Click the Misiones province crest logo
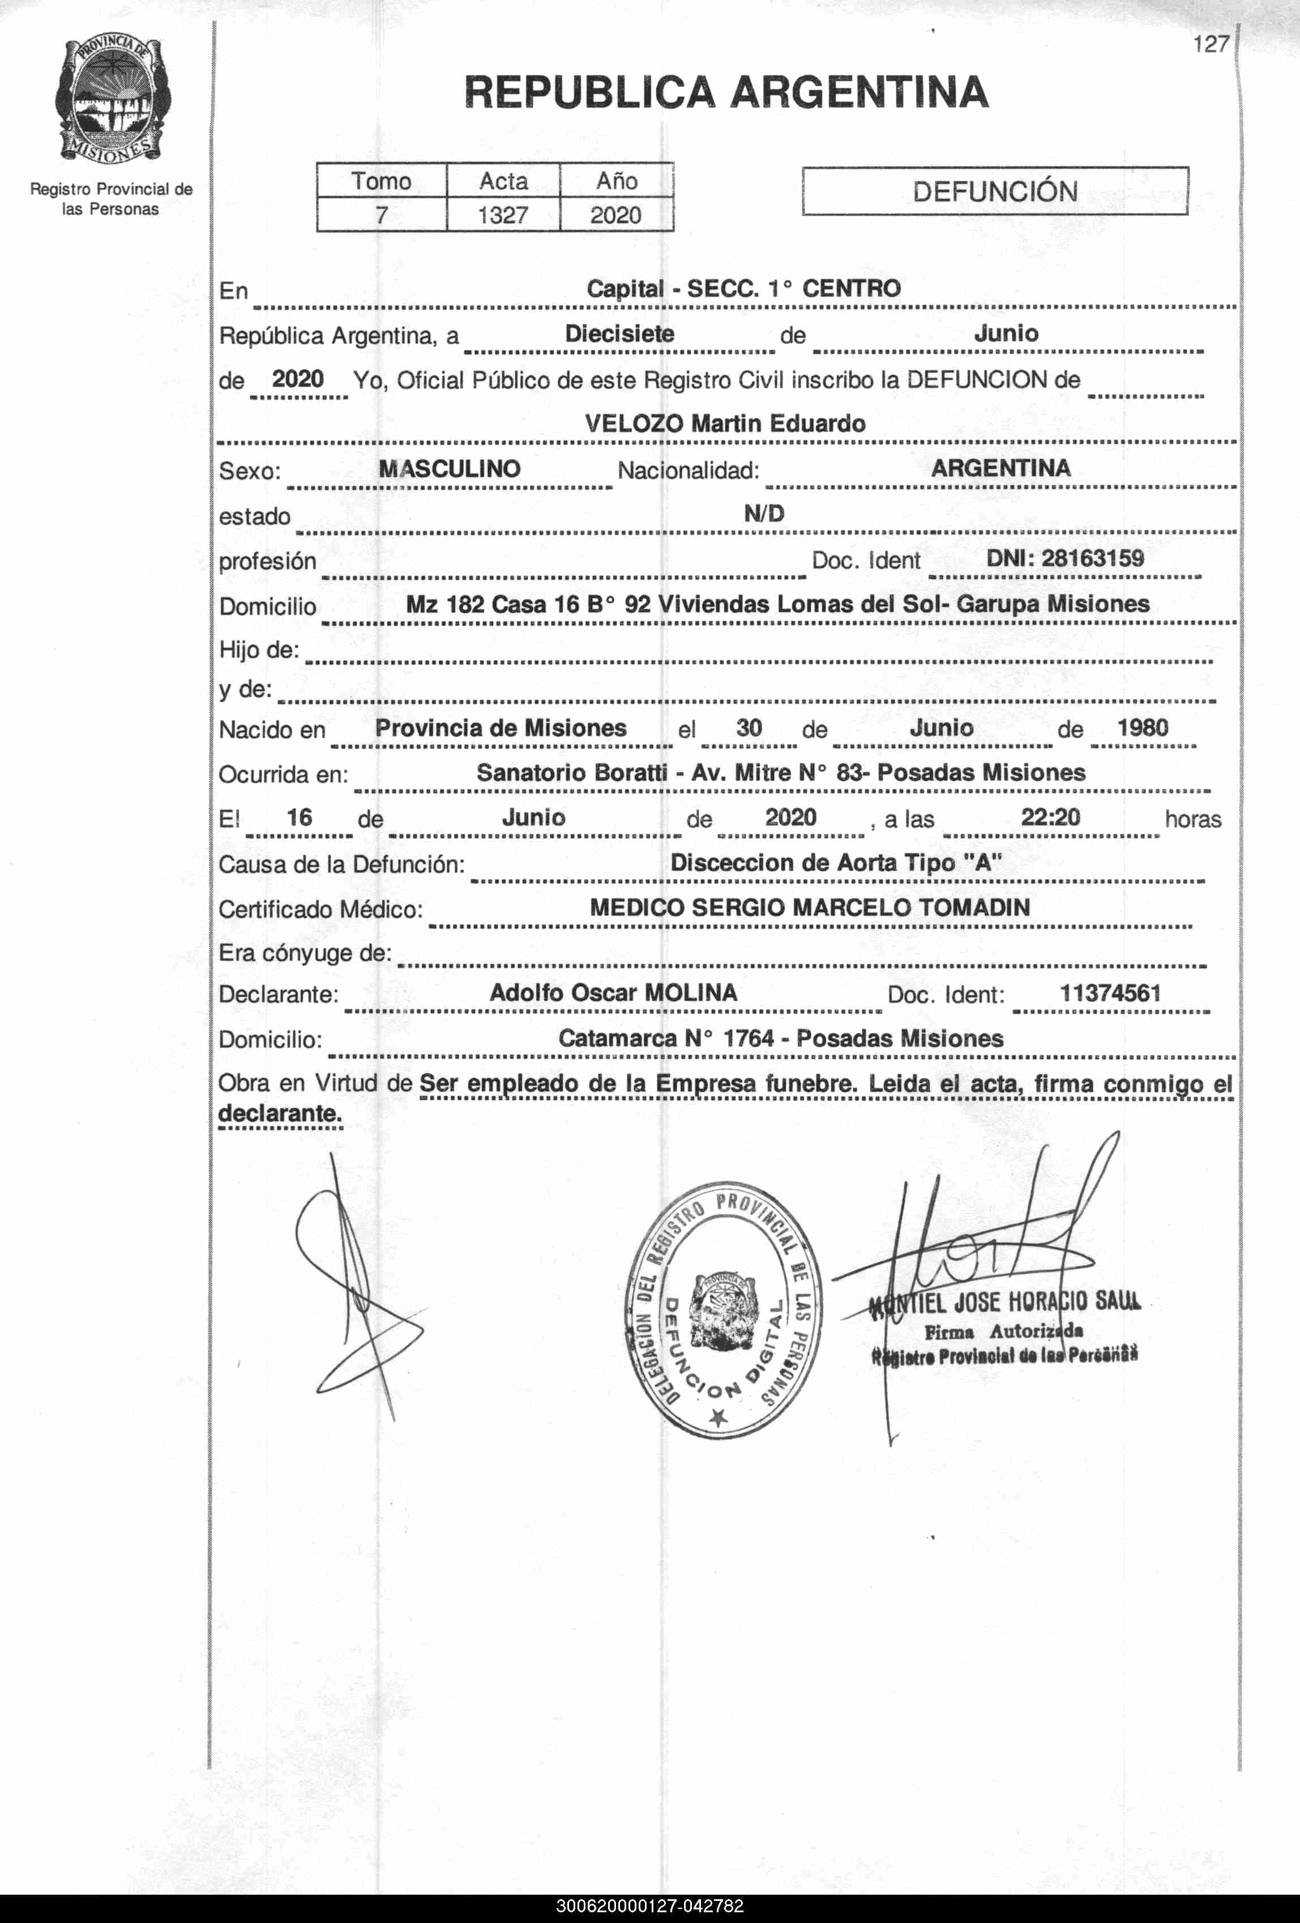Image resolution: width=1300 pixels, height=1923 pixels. [113, 100]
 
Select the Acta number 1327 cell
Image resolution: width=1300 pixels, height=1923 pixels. [503, 215]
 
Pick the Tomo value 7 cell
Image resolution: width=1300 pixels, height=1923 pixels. [382, 215]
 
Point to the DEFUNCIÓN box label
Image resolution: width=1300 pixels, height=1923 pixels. [995, 192]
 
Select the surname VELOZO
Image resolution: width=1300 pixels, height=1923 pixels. [634, 423]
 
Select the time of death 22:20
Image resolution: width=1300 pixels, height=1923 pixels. [1050, 817]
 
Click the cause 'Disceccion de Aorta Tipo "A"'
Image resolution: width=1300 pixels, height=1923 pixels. [836, 863]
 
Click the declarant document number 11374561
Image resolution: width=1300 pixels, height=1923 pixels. [1110, 993]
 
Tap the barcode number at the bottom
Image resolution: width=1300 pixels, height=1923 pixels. [649, 1907]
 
